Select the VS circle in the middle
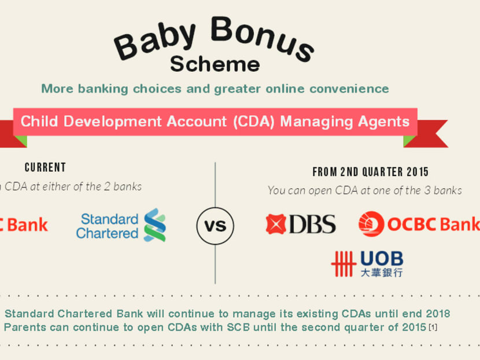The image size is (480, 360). coord(215,225)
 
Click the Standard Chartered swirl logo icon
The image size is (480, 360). coord(154,225)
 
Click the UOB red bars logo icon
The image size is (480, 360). coord(343,263)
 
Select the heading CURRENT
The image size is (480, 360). coord(45,168)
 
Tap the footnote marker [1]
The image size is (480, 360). coord(433,328)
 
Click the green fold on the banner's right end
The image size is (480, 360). coord(410,140)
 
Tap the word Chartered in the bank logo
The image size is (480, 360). coord(107,233)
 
